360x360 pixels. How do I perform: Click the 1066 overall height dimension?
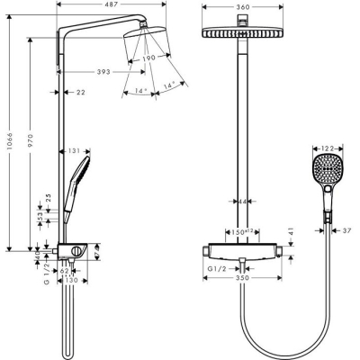8,140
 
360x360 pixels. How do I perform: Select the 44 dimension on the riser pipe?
245,202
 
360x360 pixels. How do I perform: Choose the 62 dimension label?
65,270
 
